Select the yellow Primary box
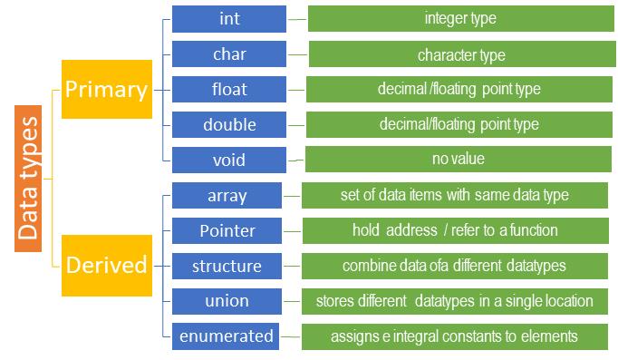click(x=106, y=89)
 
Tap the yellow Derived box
click(x=106, y=265)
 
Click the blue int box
click(x=229, y=19)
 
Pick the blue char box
click(x=229, y=54)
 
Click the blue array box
click(x=227, y=196)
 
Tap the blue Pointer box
click(x=227, y=230)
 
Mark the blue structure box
click(x=227, y=266)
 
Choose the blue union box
click(x=227, y=300)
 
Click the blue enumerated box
click(x=227, y=336)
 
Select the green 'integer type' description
click(x=460, y=19)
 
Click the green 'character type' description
click(x=460, y=54)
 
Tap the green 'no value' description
click(x=459, y=159)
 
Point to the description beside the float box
click(x=459, y=90)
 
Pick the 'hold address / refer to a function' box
click(x=455, y=230)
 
